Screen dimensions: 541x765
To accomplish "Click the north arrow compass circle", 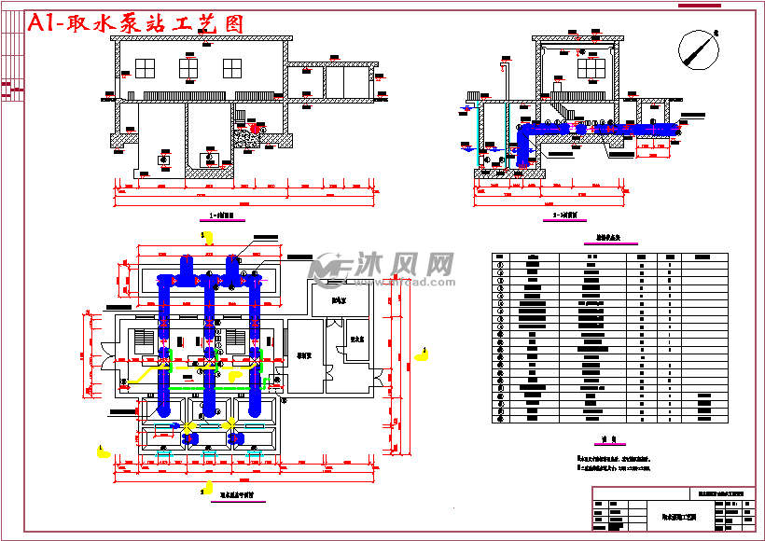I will [698, 49].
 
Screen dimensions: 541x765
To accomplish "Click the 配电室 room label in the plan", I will [324, 301].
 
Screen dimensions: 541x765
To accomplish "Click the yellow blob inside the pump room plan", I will [137, 375].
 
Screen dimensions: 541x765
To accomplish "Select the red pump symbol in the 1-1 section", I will [257, 127].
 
